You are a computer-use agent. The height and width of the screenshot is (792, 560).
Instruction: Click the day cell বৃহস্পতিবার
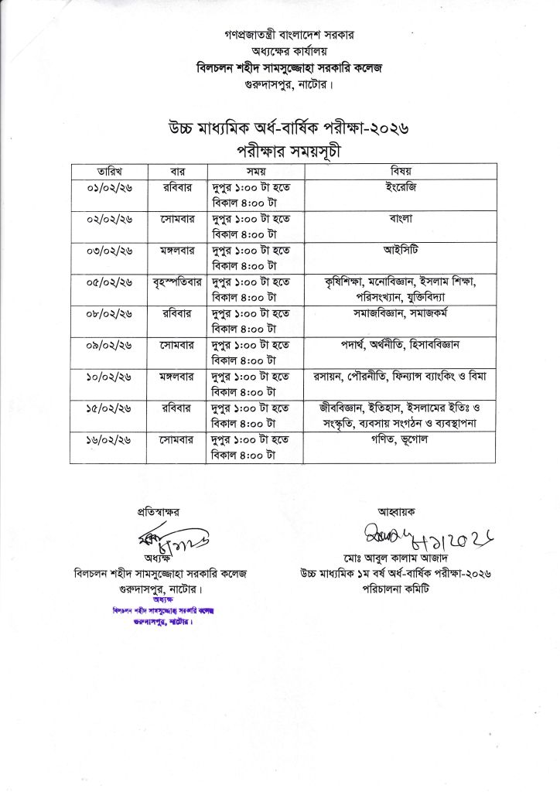click(x=177, y=282)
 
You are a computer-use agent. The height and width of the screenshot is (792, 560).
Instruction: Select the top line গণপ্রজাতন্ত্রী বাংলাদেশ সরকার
click(x=279, y=36)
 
